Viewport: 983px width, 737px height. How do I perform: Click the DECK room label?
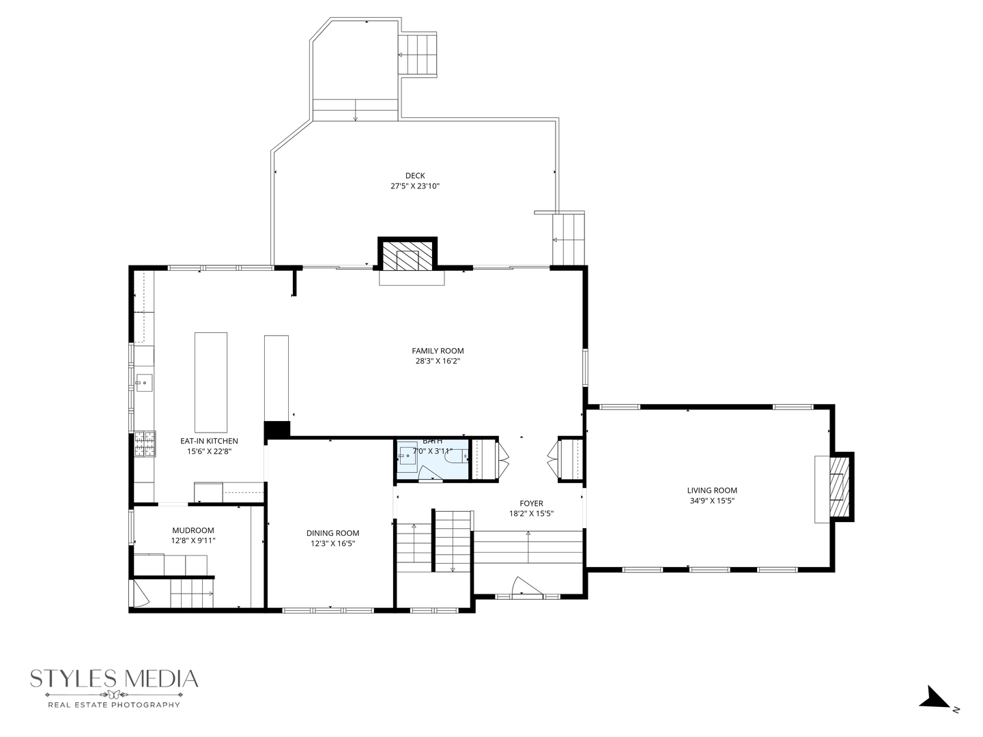pos(414,176)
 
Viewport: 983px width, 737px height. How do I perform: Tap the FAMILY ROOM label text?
pos(438,351)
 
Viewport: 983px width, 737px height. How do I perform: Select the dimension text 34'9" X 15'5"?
pos(712,500)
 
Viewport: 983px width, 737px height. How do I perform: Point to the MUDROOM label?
pos(193,530)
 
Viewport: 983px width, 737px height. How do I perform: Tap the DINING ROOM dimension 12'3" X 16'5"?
pos(332,543)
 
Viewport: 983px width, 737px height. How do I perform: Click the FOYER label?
pos(531,504)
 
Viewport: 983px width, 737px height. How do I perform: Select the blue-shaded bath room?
pos(431,459)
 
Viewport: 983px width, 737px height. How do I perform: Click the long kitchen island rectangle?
pos(211,382)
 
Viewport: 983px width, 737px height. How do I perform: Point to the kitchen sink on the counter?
pos(143,383)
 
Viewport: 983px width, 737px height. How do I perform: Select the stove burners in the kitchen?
pos(145,444)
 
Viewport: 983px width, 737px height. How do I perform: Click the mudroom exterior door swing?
pos(139,593)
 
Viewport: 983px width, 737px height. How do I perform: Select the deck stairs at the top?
pos(417,55)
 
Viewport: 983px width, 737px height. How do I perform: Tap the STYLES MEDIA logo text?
pos(114,679)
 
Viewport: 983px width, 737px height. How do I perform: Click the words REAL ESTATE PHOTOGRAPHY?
pos(113,704)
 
